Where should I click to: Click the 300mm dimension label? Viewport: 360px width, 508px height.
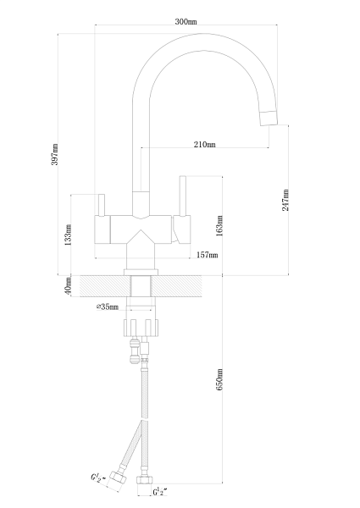[x=186, y=22]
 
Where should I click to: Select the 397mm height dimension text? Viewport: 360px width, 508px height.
[x=55, y=154]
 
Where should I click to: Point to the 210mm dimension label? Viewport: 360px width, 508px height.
[x=205, y=144]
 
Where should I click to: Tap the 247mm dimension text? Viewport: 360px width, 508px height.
[x=285, y=200]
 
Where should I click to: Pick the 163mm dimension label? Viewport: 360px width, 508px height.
[x=219, y=226]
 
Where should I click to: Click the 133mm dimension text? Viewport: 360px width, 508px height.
[x=68, y=235]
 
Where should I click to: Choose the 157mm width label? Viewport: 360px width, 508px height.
[x=208, y=255]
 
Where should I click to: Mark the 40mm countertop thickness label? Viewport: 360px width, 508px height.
[x=68, y=286]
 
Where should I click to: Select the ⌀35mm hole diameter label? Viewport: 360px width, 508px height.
[x=108, y=306]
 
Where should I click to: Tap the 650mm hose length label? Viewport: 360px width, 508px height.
[x=219, y=379]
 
